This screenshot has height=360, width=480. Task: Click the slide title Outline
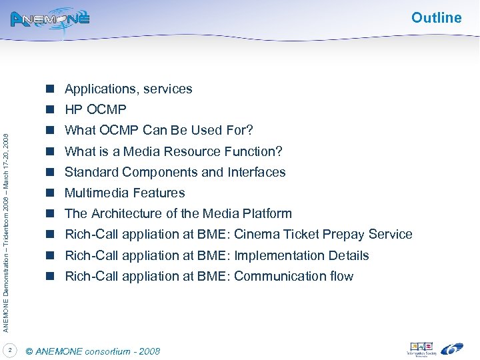tap(436, 18)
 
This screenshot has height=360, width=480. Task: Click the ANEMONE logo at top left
tap(50, 18)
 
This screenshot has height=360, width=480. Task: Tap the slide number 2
tap(10, 350)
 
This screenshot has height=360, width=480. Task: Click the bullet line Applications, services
tap(128, 89)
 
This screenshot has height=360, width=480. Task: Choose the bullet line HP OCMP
tap(95, 109)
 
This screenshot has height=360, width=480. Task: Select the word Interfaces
tap(257, 172)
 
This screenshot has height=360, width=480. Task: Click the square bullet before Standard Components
tap(50, 173)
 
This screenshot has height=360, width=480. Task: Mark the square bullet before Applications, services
tap(50, 89)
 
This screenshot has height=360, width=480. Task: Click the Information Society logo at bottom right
tap(421, 349)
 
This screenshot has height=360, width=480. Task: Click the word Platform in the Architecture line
tap(268, 213)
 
